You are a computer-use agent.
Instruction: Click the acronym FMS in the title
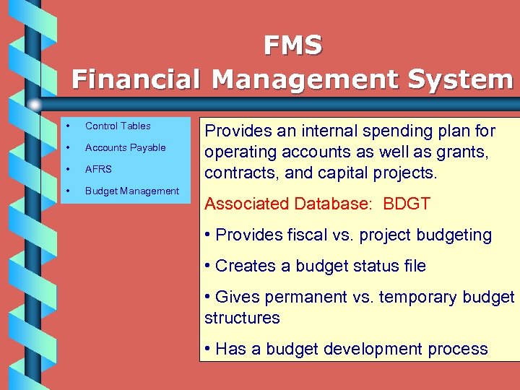click(293, 45)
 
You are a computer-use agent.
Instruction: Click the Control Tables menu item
click(118, 126)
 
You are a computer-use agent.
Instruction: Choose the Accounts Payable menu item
click(125, 147)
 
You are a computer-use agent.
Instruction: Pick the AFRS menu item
click(98, 169)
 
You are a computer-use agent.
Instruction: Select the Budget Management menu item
click(131, 191)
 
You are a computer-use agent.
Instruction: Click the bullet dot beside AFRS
click(67, 169)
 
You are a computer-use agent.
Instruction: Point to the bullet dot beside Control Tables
click(67, 126)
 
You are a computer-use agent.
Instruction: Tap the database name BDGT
click(407, 204)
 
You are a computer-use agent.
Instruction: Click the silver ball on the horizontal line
click(35, 105)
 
